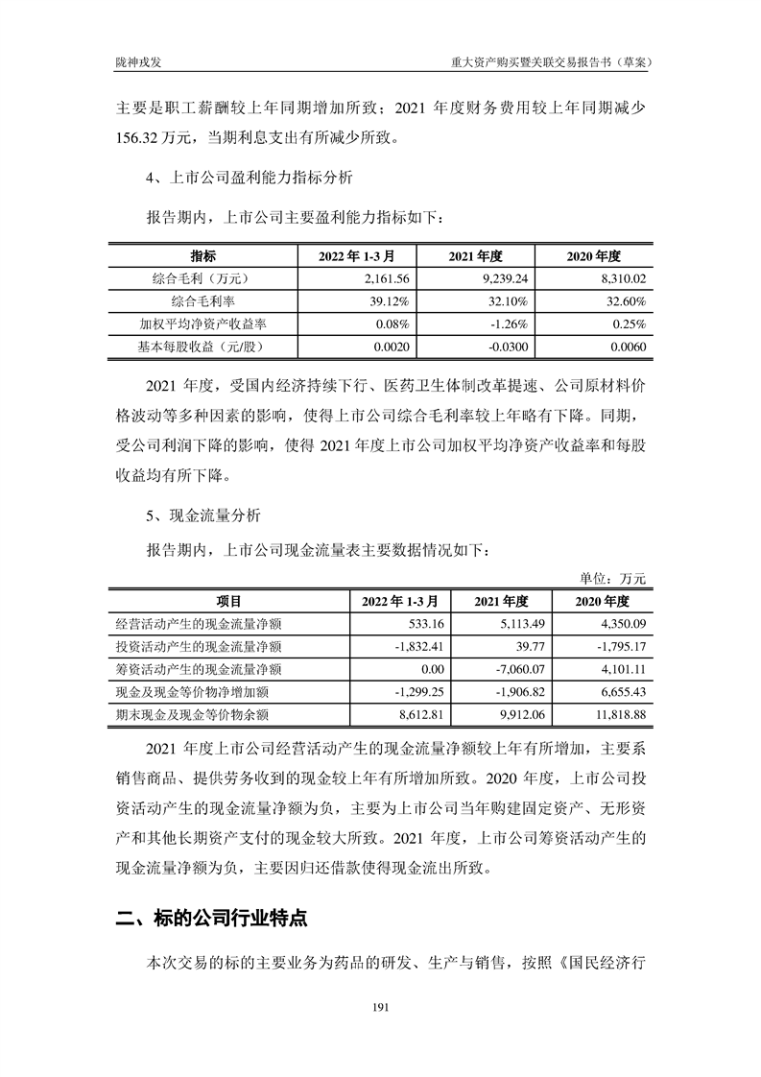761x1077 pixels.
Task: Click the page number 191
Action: click(380, 1007)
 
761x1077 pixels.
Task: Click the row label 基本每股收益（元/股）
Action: click(202, 347)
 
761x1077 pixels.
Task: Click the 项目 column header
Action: click(228, 601)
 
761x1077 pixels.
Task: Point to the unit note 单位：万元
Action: click(614, 579)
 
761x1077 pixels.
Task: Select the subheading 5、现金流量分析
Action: click(202, 515)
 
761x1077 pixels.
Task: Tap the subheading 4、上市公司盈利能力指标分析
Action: click(249, 178)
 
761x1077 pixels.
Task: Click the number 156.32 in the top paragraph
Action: click(143, 136)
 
